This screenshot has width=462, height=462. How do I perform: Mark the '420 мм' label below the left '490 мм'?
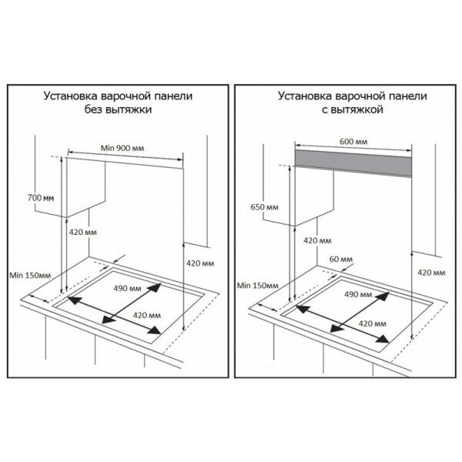[146, 316]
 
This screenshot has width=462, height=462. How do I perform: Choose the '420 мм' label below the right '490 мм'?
[375, 321]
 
